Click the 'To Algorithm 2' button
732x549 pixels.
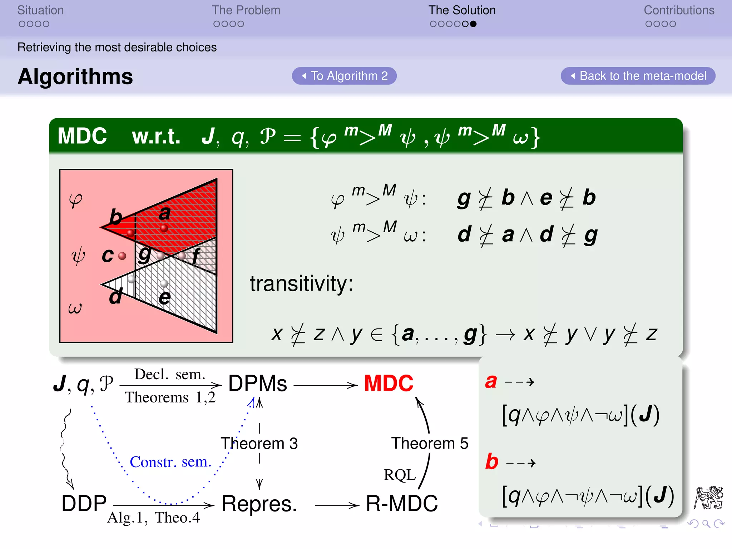[x=344, y=76]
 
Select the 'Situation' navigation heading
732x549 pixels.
[x=40, y=10]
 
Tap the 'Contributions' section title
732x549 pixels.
[x=679, y=10]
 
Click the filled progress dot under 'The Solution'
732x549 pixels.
[x=473, y=24]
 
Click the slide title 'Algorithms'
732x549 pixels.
[x=75, y=76]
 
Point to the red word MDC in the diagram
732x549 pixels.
[x=389, y=384]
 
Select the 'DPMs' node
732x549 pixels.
[x=257, y=384]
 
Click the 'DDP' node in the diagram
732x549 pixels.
[x=84, y=504]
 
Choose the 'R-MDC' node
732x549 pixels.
[x=402, y=504]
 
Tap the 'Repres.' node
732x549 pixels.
[x=259, y=504]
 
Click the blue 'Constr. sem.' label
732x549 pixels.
[x=170, y=462]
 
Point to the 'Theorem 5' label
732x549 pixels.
[x=430, y=443]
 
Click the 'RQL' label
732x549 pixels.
[x=400, y=475]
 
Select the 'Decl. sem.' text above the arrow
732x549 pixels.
[x=170, y=374]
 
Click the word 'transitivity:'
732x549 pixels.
[x=301, y=284]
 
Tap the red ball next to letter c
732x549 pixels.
[x=122, y=256]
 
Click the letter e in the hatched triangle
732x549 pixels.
[x=165, y=298]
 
